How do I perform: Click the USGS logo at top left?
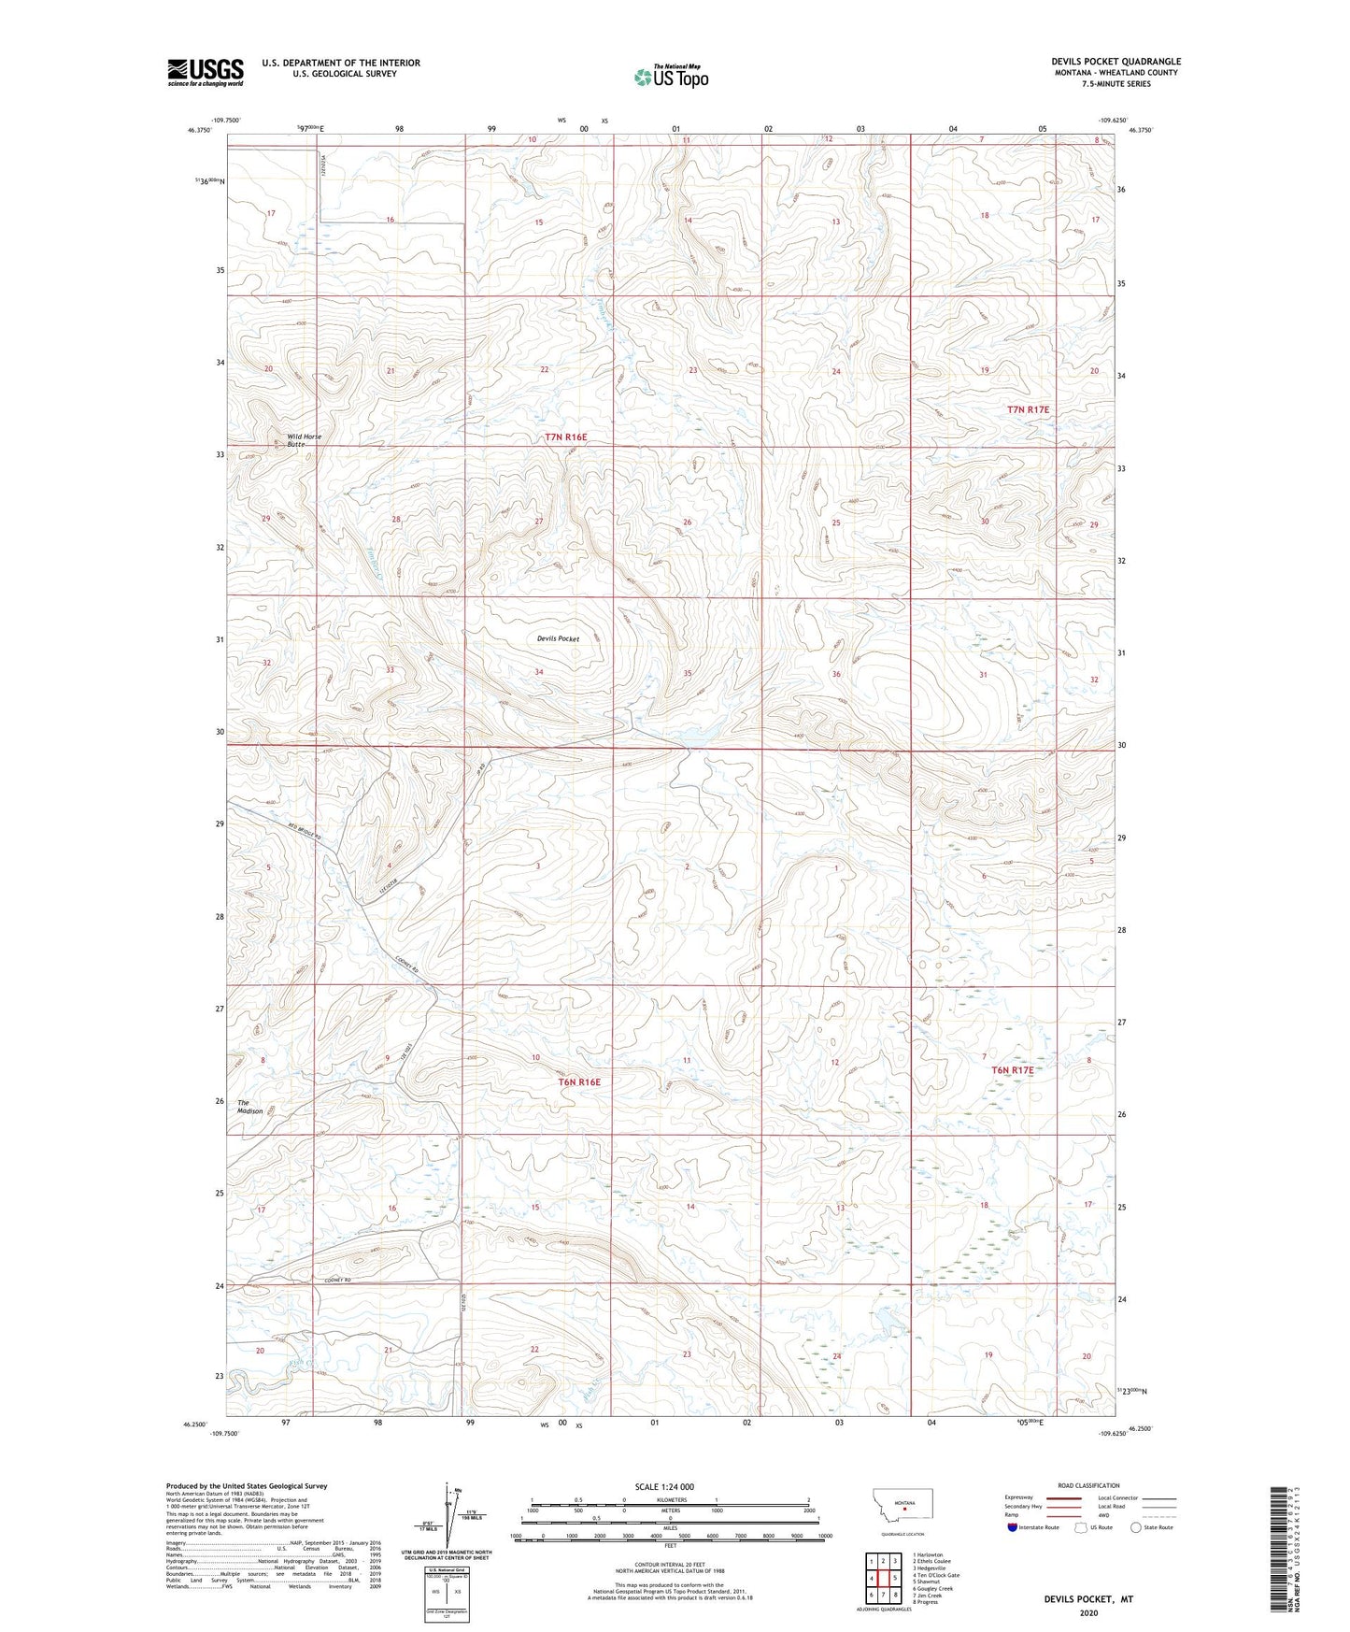click(205, 72)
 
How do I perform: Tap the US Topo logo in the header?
click(671, 77)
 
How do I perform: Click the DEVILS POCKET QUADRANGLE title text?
click(1116, 62)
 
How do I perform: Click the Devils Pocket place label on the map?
click(558, 639)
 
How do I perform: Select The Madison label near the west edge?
click(249, 1107)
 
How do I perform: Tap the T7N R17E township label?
click(1028, 410)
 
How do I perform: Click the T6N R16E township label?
click(579, 1081)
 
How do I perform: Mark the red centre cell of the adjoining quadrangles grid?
click(883, 1579)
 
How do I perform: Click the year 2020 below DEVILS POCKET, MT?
click(1087, 1613)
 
